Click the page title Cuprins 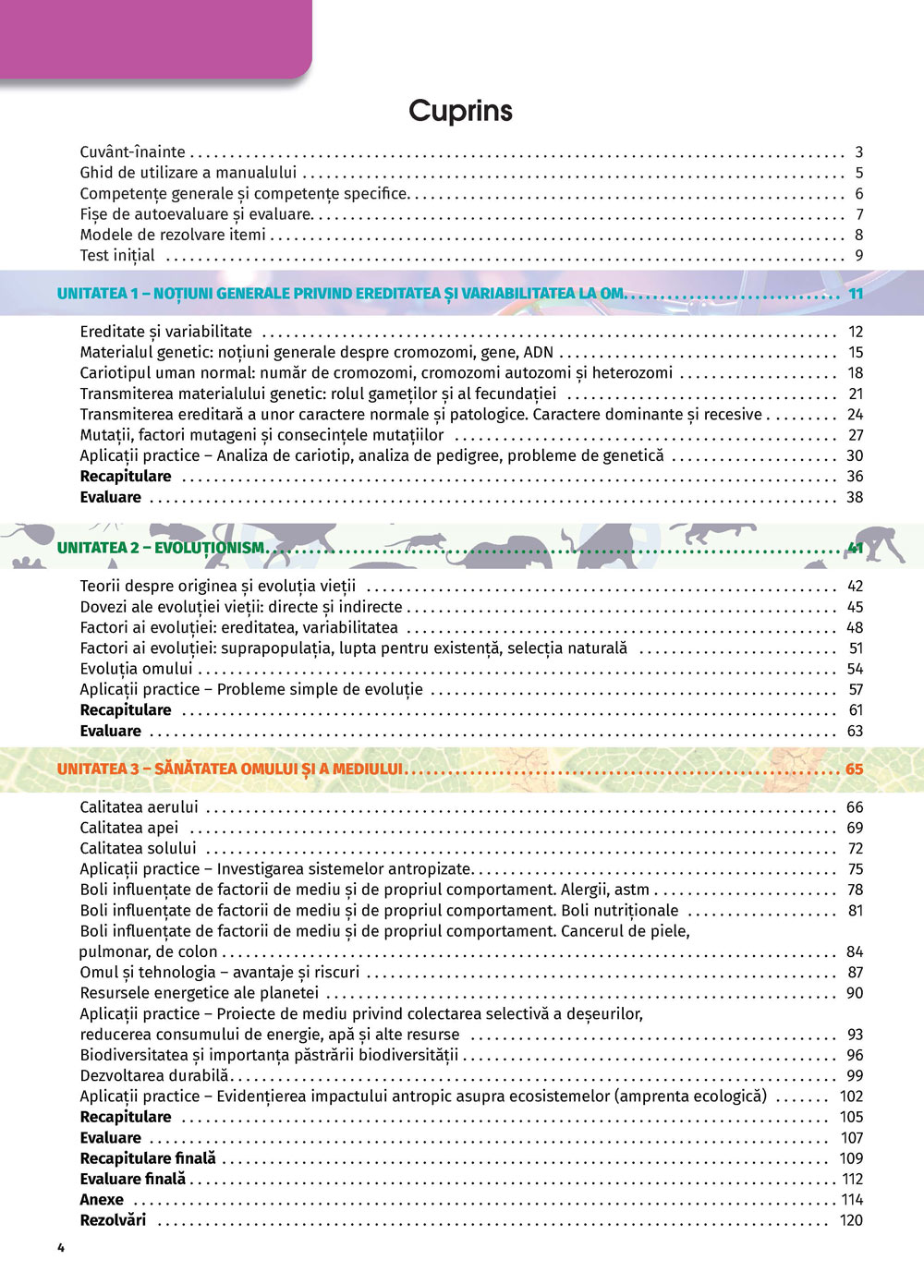460,111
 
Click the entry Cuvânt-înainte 132,152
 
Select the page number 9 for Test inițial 858,256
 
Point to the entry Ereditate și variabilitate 165,332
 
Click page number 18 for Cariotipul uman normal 855,373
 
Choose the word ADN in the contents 538,352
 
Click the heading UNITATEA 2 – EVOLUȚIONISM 162,548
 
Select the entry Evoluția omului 136,669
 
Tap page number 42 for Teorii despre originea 855,587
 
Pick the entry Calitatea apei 128,828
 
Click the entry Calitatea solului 138,848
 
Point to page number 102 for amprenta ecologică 851,1096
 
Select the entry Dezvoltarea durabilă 153,1075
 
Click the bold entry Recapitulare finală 148,1158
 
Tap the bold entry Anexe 102,1200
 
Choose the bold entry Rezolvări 113,1220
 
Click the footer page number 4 61,1248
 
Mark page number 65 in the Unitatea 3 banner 854,769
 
